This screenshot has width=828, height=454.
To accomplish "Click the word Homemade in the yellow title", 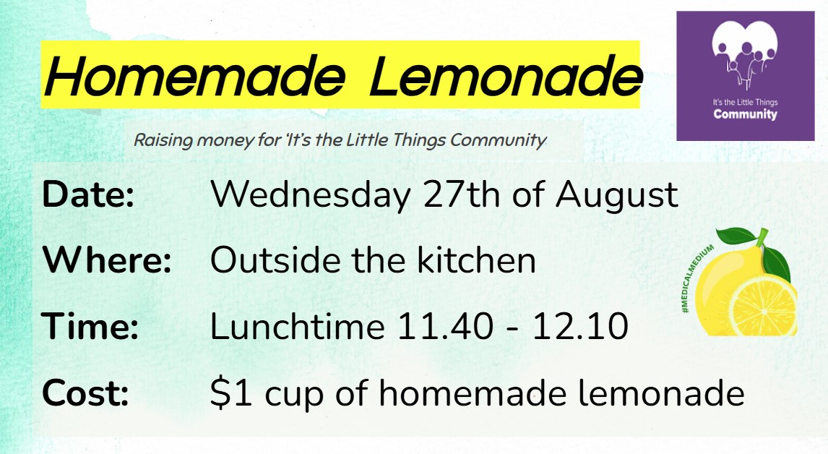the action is coord(195,76).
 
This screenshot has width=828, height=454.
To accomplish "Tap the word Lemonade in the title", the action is coord(506,76).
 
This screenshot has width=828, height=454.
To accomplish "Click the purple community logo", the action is coord(745,76).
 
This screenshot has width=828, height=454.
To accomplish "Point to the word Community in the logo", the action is coord(745,114).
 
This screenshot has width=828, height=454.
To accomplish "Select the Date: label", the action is coord(88,194).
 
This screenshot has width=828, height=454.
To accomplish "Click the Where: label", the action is coord(107,260).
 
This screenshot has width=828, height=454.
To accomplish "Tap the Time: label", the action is coord(90,325).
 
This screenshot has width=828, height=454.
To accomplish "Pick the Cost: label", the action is coord(85,393).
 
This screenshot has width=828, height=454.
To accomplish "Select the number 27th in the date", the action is coord(462,194).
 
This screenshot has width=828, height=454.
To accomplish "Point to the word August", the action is coord(616,197).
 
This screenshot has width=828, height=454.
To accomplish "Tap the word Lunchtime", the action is coord(297,325).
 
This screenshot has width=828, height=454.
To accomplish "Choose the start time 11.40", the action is coord(445,327).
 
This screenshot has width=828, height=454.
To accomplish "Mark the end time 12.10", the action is coord(579,327).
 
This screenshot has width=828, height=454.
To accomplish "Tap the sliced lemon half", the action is coord(764,306).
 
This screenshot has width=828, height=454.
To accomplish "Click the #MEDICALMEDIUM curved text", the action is coord(695,278).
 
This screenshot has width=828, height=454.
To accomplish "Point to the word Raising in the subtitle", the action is coord(163,140).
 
